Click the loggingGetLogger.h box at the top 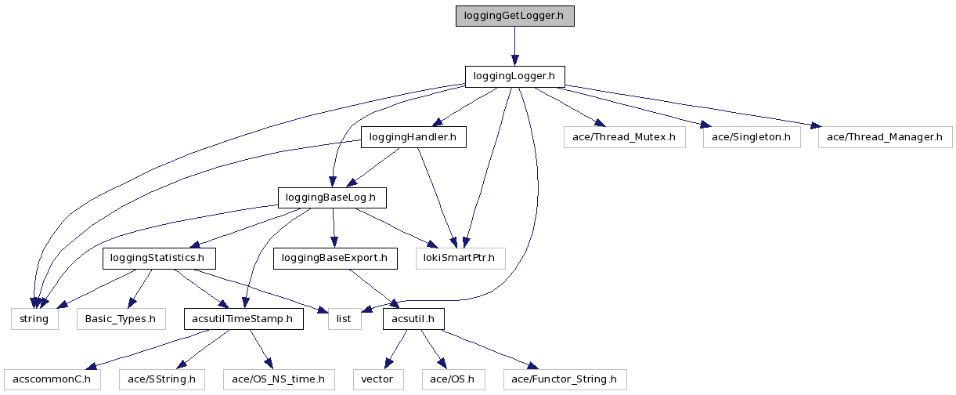click(514, 16)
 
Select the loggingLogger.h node click(514, 76)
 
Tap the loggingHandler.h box click(413, 137)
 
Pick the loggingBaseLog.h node click(332, 197)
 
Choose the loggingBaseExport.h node click(334, 258)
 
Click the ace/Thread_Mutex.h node click(624, 137)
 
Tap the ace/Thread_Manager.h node click(885, 137)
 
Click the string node click(34, 319)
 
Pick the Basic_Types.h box click(121, 319)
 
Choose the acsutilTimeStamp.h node click(243, 319)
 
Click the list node click(344, 319)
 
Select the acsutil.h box click(413, 319)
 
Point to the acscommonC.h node click(52, 380)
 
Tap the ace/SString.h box click(162, 380)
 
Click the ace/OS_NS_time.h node click(279, 380)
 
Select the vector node click(377, 380)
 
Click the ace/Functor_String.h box click(565, 380)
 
